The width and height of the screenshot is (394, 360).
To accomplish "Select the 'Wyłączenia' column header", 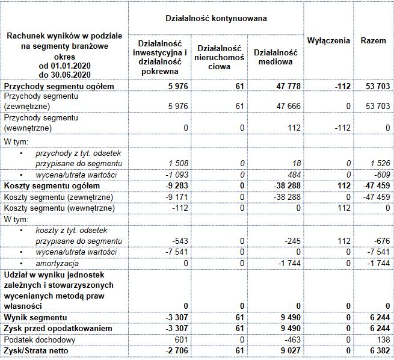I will (x=328, y=41).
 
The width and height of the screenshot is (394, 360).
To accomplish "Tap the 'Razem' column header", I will (x=374, y=41).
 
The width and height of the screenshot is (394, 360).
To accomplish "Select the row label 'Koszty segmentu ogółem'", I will (x=46, y=185).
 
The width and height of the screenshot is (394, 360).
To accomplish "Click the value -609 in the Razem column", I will (x=381, y=175).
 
